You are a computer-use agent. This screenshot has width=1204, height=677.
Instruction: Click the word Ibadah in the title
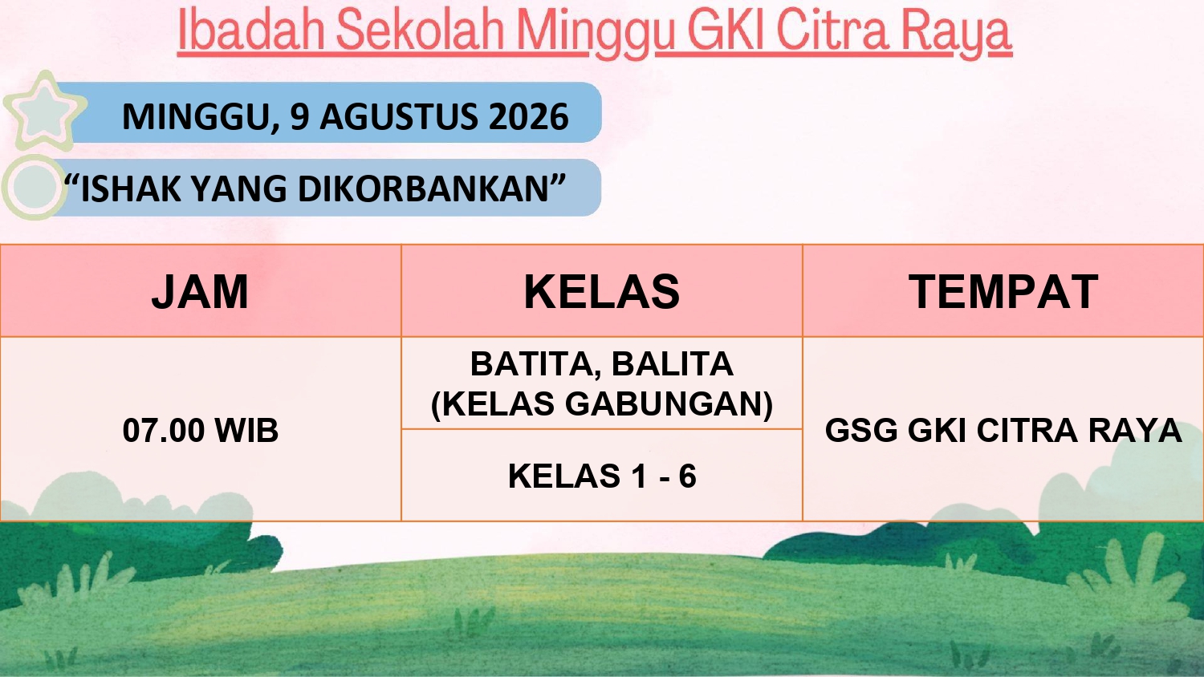[250, 30]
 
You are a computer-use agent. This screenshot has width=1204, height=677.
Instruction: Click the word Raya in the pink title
[957, 34]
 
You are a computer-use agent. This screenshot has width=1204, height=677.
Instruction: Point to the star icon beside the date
[45, 111]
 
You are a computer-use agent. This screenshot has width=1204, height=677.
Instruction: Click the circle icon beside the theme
[34, 188]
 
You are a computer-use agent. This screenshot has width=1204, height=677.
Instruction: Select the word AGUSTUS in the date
[398, 116]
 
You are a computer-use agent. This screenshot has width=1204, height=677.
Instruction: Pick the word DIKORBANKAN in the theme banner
[425, 189]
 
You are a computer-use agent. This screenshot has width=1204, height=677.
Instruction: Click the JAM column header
[200, 292]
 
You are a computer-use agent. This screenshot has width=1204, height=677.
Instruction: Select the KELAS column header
[601, 292]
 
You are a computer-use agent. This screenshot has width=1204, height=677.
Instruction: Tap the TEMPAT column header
[1003, 292]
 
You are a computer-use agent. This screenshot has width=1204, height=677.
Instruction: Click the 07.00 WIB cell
[201, 431]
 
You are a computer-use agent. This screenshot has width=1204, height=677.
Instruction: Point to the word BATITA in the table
[531, 365]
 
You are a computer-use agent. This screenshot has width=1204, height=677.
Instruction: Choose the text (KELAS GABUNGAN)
[601, 404]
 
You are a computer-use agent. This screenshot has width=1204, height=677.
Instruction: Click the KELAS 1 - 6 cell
[602, 476]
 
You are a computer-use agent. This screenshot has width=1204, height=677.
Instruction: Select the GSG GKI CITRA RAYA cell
[1003, 431]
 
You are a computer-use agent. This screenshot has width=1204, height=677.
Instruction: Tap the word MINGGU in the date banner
[199, 117]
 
